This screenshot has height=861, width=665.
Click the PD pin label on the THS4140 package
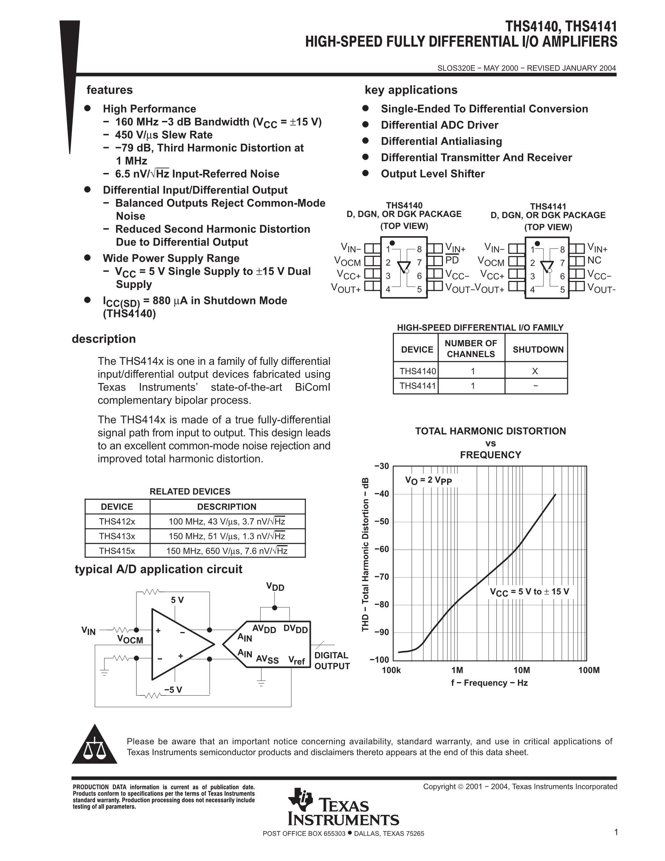[x=452, y=261]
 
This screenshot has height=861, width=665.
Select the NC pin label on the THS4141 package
[x=594, y=261]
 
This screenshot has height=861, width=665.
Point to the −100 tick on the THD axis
[x=379, y=659]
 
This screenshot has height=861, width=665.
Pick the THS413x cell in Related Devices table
[x=117, y=536]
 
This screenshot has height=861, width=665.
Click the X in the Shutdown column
[x=535, y=371]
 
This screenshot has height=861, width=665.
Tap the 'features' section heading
[x=110, y=90]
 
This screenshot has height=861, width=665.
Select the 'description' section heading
[x=104, y=339]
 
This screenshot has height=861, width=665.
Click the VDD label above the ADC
[x=275, y=587]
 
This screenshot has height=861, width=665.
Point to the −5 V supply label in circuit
[x=173, y=689]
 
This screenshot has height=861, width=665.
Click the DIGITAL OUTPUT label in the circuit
[x=332, y=661]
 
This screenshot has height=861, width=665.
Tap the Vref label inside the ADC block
[x=296, y=660]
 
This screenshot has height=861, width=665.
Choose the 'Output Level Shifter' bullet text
[x=433, y=174]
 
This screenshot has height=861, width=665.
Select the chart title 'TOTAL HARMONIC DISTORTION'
[x=490, y=431]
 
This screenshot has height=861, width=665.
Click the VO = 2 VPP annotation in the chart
[x=428, y=480]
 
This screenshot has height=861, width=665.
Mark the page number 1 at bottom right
[x=616, y=832]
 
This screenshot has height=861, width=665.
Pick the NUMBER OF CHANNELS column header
[x=471, y=348]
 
